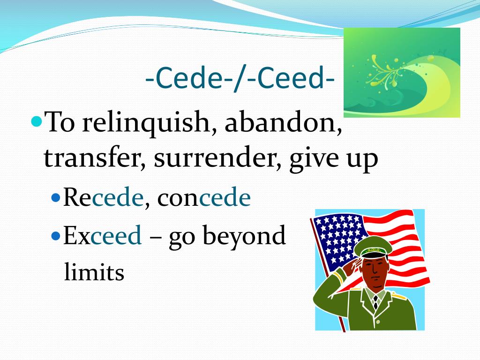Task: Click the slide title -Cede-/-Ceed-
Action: pos(240,80)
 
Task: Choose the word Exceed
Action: pos(103,236)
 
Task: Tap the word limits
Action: pos(94,272)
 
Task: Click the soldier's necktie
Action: pos(375,302)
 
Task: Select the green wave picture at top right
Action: pos(402,72)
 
